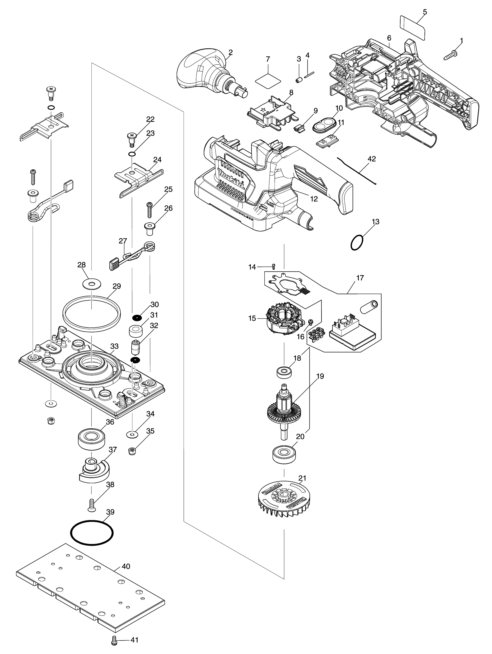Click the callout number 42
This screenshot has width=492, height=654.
(372, 159)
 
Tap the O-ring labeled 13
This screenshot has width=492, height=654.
(357, 243)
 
